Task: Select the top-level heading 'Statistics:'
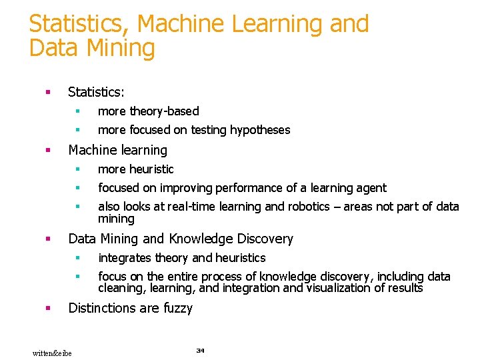pyautogui.click(x=97, y=91)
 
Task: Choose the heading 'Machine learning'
pyautogui.click(x=117, y=150)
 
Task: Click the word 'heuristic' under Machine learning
pyautogui.click(x=151, y=169)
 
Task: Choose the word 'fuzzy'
pyautogui.click(x=177, y=308)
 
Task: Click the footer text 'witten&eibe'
pyautogui.click(x=52, y=353)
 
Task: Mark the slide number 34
pyautogui.click(x=200, y=350)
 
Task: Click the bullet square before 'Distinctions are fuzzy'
pyautogui.click(x=47, y=308)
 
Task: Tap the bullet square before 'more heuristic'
pyautogui.click(x=77, y=169)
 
